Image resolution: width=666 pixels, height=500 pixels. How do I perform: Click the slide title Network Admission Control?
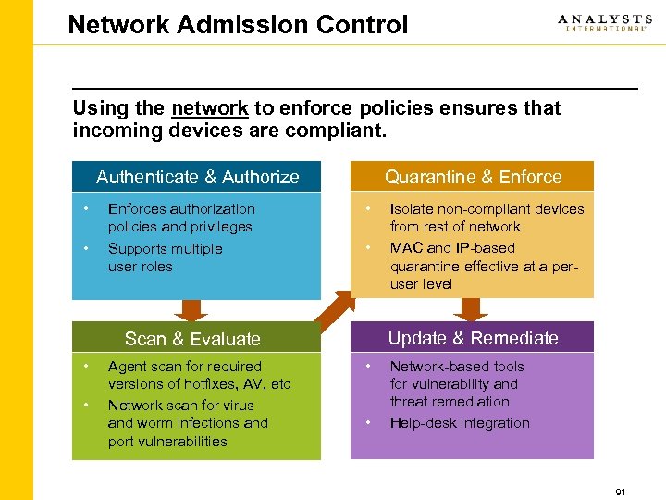pyautogui.click(x=238, y=24)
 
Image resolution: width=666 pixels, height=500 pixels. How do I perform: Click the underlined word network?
pyautogui.click(x=209, y=108)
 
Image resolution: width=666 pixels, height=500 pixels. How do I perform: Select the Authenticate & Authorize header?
pyautogui.click(x=197, y=177)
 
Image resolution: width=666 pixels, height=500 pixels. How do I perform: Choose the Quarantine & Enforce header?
pyautogui.click(x=473, y=177)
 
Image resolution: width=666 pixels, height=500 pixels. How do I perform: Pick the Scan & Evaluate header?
pyautogui.click(x=192, y=339)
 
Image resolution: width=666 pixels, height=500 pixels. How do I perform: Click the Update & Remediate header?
pyautogui.click(x=473, y=338)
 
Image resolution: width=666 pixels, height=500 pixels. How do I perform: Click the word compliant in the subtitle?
pyautogui.click(x=342, y=131)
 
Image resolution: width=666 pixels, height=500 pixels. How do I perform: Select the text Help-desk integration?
pyautogui.click(x=460, y=423)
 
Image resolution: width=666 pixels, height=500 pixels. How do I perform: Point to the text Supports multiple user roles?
pyautogui.click(x=165, y=257)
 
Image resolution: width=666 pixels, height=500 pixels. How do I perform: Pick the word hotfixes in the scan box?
pyautogui.click(x=208, y=384)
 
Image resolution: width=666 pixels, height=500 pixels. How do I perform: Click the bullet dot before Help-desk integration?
pyautogui.click(x=369, y=423)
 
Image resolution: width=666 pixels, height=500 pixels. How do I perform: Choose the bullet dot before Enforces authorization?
pyautogui.click(x=85, y=207)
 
